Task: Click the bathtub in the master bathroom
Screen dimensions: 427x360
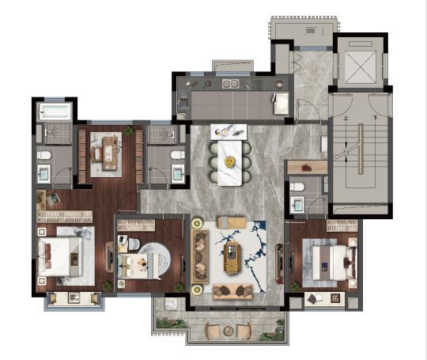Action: point(55,112)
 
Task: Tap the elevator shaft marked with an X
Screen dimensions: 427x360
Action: point(360,66)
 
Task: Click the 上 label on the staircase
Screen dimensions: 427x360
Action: point(346,118)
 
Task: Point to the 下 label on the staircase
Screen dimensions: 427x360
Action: point(376,118)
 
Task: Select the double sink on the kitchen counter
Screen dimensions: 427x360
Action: point(230,83)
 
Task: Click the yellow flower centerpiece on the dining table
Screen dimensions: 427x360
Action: point(230,162)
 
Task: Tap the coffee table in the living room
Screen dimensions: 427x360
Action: point(232,258)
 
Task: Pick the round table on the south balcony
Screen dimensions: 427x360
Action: point(229,331)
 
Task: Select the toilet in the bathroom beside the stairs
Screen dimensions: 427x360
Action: point(297,187)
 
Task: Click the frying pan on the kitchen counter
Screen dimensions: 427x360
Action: point(208,85)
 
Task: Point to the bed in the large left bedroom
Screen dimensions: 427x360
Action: point(60,256)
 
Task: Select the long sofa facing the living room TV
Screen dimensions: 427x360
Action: point(200,256)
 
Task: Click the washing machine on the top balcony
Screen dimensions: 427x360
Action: point(311,30)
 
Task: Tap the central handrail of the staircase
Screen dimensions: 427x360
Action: point(361,149)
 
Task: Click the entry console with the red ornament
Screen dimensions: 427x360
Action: point(307,167)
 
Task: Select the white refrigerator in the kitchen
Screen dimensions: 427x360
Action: point(281,103)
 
